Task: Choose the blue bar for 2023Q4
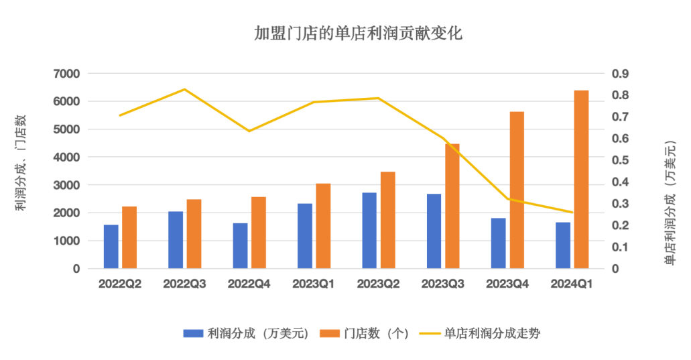pyautogui.click(x=498, y=243)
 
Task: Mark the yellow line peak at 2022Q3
pyautogui.click(x=185, y=89)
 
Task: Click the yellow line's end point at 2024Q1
pyautogui.click(x=573, y=213)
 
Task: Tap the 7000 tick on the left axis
pyautogui.click(x=67, y=74)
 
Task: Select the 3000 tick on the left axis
pyautogui.click(x=67, y=185)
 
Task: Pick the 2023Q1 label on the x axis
pyautogui.click(x=314, y=284)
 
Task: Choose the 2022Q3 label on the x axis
pyautogui.click(x=185, y=284)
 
